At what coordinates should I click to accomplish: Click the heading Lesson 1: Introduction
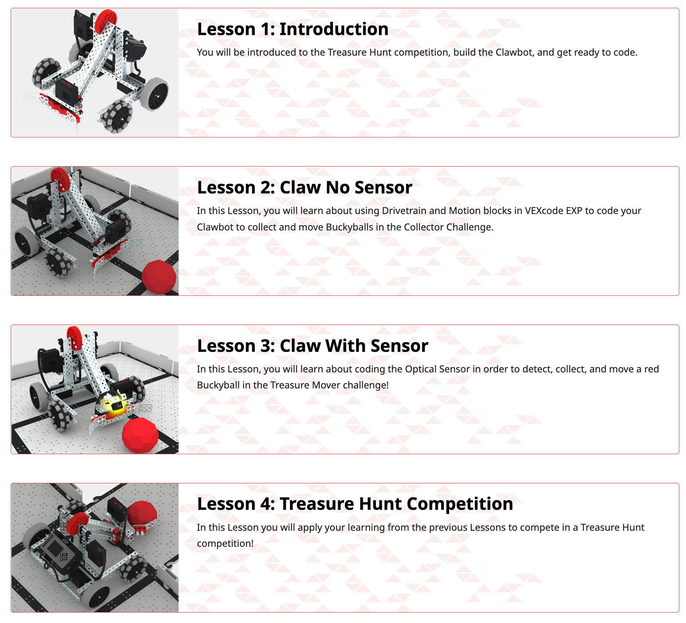tap(293, 29)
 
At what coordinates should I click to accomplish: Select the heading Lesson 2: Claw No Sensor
tap(305, 187)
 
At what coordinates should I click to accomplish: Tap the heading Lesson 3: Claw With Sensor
tap(312, 346)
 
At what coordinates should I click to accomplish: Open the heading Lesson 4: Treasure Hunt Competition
tap(355, 504)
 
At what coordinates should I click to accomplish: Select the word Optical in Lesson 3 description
tap(421, 369)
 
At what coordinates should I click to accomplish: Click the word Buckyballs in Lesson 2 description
tap(349, 227)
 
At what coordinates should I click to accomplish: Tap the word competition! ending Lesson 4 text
tap(225, 543)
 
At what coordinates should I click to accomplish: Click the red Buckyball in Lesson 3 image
tap(140, 435)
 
